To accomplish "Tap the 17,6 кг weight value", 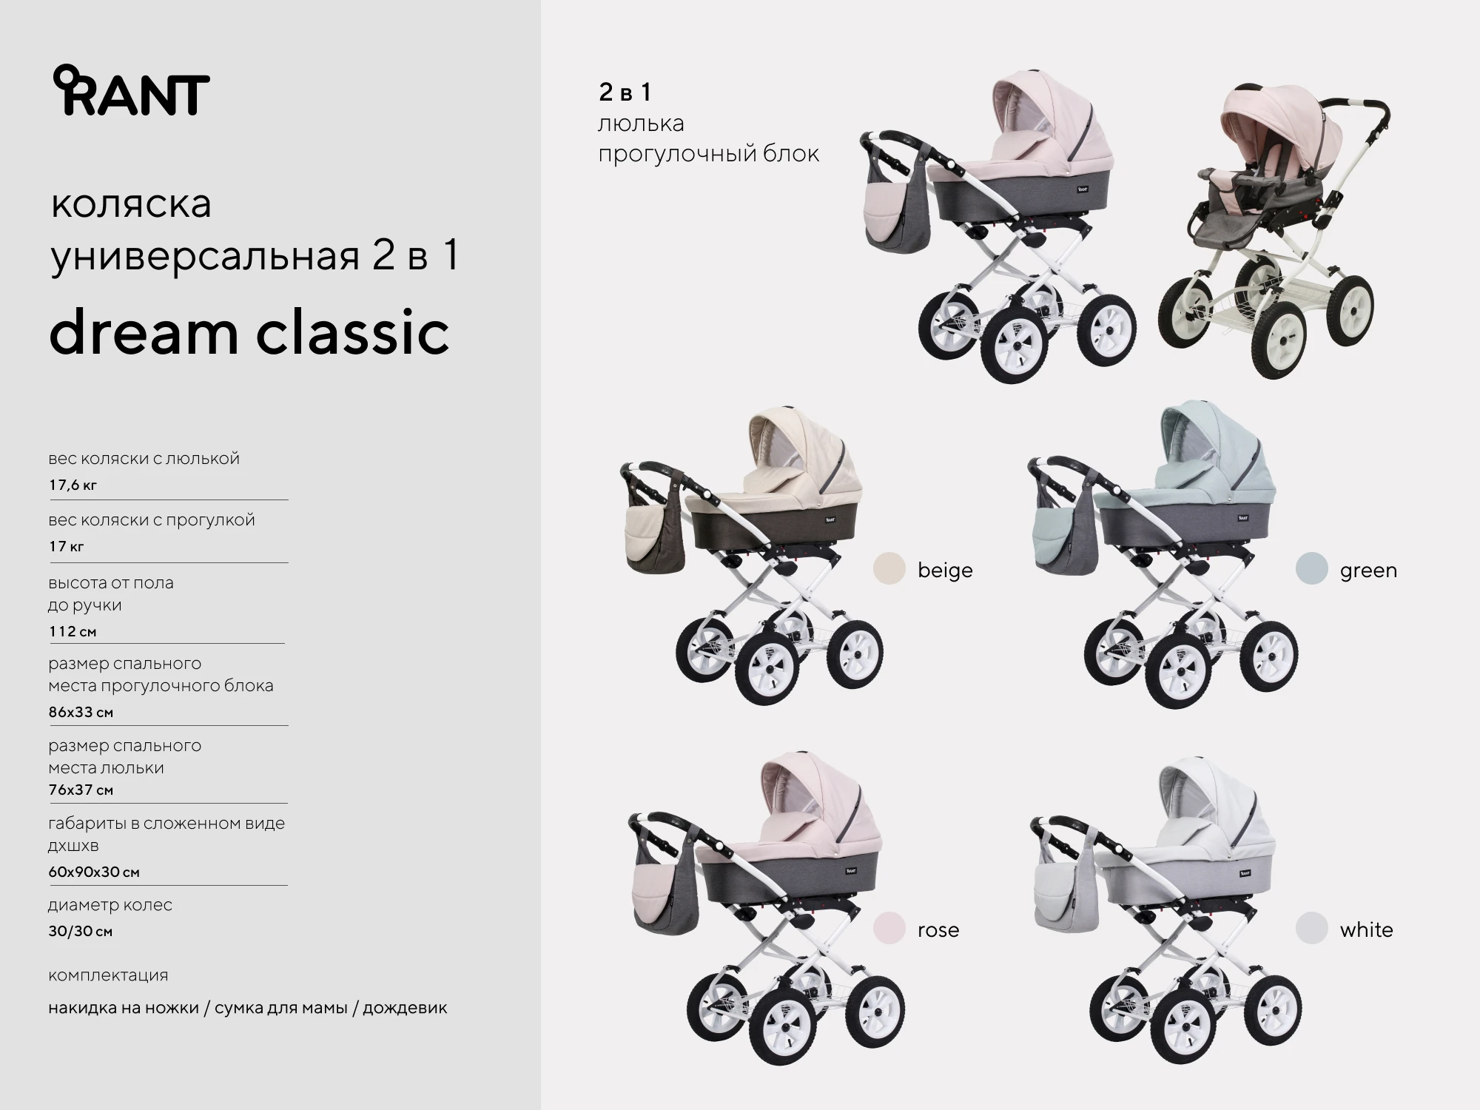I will pyautogui.click(x=73, y=485).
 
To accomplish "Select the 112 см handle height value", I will pyautogui.click(x=73, y=631).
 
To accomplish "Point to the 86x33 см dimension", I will pyautogui.click(x=81, y=712).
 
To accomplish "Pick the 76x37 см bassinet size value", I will pyautogui.click(x=81, y=790).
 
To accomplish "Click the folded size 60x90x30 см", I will pyautogui.click(x=94, y=872).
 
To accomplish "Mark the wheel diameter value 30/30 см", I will pyautogui.click(x=80, y=931).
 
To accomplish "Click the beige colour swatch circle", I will pyautogui.click(x=889, y=569).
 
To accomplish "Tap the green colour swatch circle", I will pyautogui.click(x=1312, y=569).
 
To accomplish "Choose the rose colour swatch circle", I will pyautogui.click(x=889, y=929).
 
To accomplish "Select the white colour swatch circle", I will pyautogui.click(x=1312, y=929).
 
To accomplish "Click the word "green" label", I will pyautogui.click(x=1368, y=571).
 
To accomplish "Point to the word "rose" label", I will pyautogui.click(x=938, y=930).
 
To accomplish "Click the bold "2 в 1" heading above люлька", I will pyautogui.click(x=625, y=92).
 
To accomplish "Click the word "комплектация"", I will pyautogui.click(x=108, y=975).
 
